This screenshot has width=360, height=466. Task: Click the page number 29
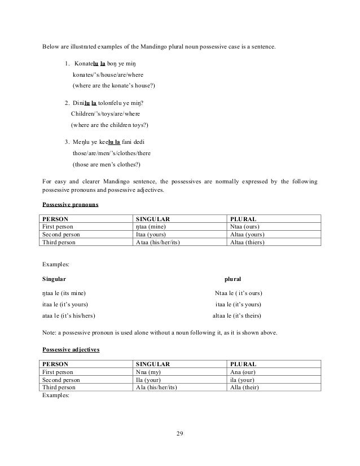coord(180,433)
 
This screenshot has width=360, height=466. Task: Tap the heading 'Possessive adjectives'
coord(71,350)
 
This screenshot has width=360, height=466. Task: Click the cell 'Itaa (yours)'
coord(151,234)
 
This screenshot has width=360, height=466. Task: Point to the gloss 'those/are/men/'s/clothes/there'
coord(112,153)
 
